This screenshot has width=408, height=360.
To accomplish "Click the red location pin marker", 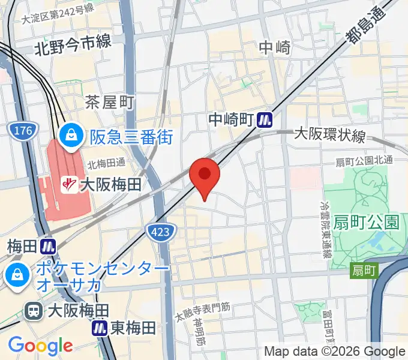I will pyautogui.click(x=205, y=175).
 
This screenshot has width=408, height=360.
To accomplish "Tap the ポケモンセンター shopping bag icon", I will pyautogui.click(x=14, y=275).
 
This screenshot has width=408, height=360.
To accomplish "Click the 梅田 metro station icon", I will pyautogui.click(x=49, y=246).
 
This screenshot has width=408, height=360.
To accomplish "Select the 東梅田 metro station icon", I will pyautogui.click(x=100, y=328).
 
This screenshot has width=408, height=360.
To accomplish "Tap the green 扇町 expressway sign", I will pyautogui.click(x=364, y=271).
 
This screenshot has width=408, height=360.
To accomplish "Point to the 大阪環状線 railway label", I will pyautogui.click(x=329, y=136).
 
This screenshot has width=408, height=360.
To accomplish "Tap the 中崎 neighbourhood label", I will pyautogui.click(x=275, y=47).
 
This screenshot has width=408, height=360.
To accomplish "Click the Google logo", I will pyautogui.click(x=40, y=346).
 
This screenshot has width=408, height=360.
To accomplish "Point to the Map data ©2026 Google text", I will pyautogui.click(x=335, y=351).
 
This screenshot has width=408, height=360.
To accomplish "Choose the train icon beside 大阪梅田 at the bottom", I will pyautogui.click(x=34, y=311).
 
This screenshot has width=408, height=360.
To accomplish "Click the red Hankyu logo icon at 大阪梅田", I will pyautogui.click(x=71, y=184).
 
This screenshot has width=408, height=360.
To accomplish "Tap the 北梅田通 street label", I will pyautogui.click(x=106, y=163).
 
